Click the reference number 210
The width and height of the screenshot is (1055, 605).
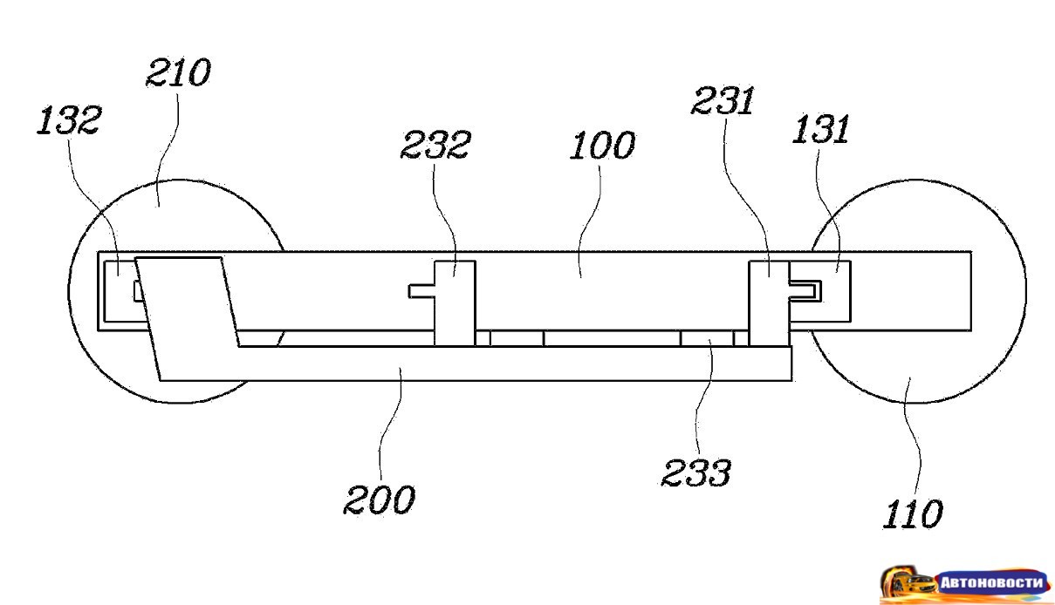(x=178, y=72)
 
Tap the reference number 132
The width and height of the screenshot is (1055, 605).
(x=69, y=120)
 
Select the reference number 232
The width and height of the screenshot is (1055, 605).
(x=435, y=144)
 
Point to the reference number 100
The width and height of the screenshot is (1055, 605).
(x=602, y=145)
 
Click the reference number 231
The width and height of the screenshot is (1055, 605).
(x=723, y=100)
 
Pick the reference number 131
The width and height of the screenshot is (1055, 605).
(x=820, y=128)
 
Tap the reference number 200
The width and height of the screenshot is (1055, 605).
(x=380, y=500)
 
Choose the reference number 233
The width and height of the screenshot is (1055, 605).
(x=696, y=472)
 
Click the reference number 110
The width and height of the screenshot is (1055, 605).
(x=913, y=513)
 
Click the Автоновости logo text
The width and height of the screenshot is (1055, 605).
(x=991, y=583)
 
